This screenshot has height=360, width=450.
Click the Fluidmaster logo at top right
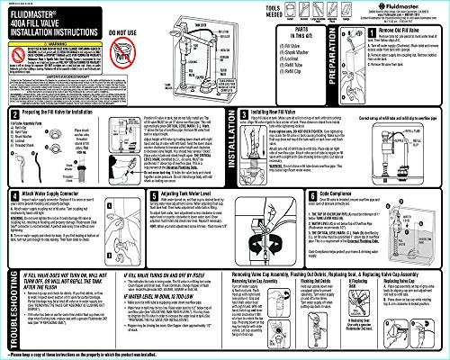pos(372,8)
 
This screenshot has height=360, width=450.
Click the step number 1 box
pos(361,33)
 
